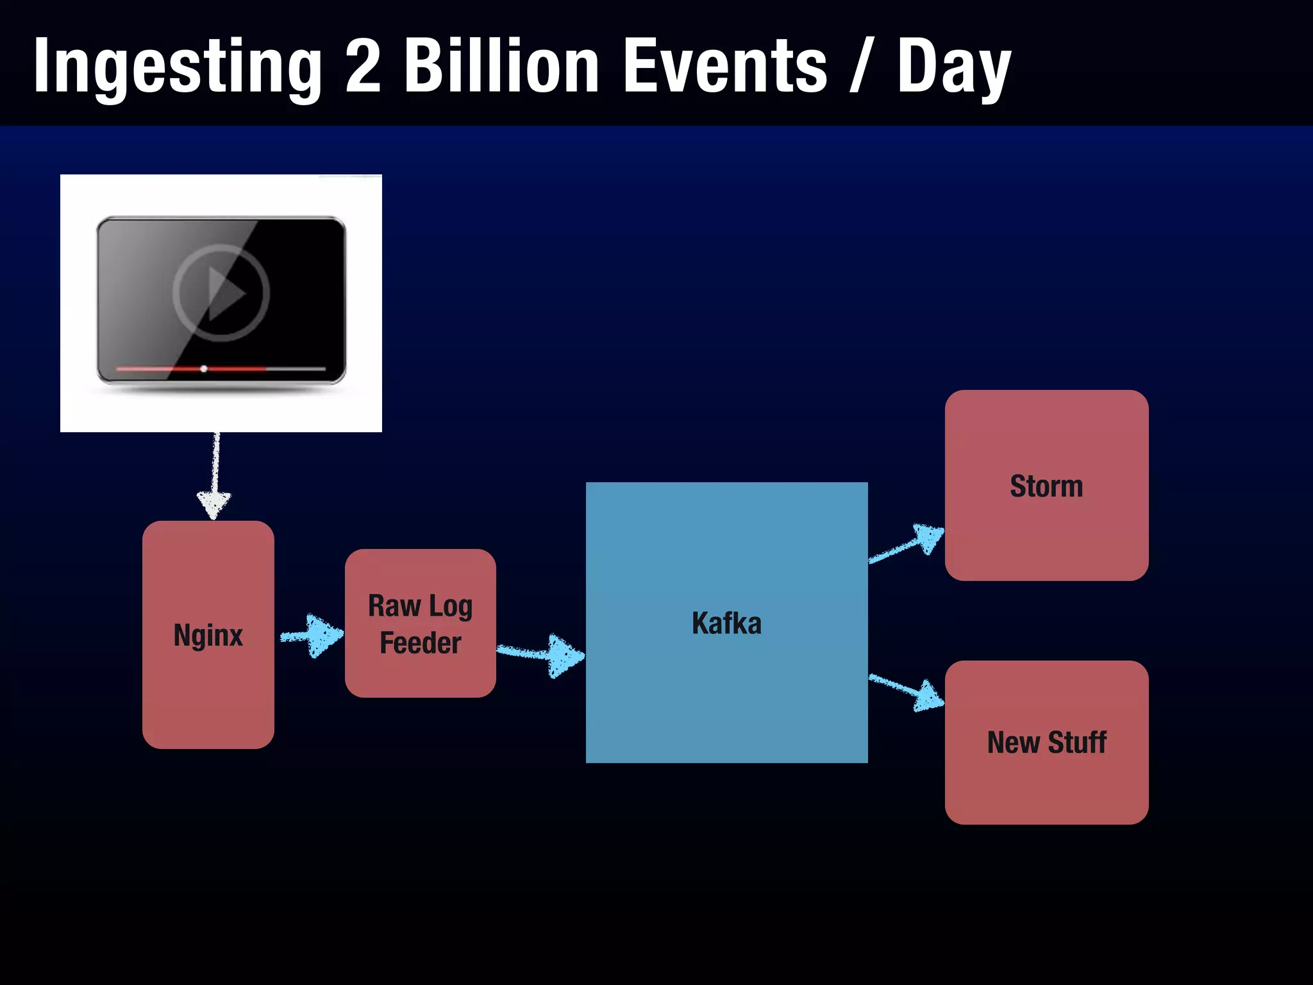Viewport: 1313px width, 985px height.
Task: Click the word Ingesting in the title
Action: [178, 67]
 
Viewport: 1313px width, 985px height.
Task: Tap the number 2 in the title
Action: [363, 66]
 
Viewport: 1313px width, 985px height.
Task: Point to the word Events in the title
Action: [725, 66]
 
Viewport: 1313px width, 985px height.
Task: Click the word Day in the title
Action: [953, 67]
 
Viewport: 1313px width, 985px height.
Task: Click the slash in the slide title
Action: [861, 66]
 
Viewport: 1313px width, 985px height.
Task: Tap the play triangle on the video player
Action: [225, 293]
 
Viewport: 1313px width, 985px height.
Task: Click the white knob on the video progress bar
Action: [204, 369]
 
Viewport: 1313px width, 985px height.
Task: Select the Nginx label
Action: [208, 636]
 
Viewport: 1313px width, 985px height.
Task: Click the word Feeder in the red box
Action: [421, 643]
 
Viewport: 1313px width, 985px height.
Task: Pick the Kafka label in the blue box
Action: [726, 623]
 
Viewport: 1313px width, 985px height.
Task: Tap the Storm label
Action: [1046, 486]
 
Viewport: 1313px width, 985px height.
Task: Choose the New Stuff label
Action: [1046, 743]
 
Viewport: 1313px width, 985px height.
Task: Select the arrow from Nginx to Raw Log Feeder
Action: [312, 636]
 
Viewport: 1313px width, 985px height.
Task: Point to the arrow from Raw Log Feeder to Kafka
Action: [542, 654]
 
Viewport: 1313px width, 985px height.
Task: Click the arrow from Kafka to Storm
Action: [907, 544]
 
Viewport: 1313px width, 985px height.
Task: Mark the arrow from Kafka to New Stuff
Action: [907, 691]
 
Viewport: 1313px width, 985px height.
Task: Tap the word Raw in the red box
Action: [394, 606]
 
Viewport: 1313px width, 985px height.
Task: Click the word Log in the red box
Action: [450, 607]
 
